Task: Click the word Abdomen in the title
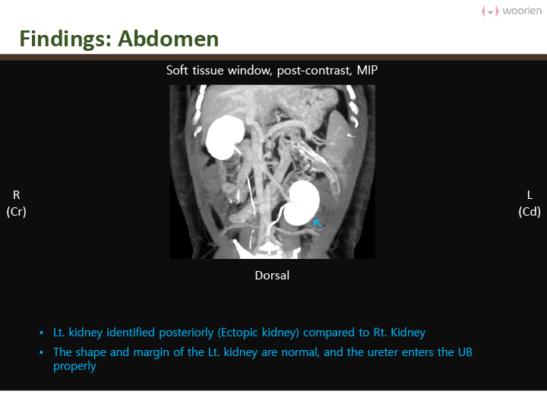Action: click(168, 39)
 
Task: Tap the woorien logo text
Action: click(522, 11)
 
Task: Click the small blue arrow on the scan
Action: click(317, 222)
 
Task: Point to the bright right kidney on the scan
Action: click(225, 137)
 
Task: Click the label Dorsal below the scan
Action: click(272, 276)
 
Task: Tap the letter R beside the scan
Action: click(17, 195)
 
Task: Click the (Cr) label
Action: click(17, 212)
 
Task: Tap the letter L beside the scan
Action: click(530, 195)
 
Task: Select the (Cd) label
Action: click(530, 212)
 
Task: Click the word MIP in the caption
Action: click(367, 71)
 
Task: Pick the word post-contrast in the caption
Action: click(314, 71)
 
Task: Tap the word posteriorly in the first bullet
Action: click(186, 333)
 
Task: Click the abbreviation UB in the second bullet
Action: click(465, 352)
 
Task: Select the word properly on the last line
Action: click(74, 367)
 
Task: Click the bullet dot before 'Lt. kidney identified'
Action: click(42, 333)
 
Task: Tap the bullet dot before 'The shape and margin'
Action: click(42, 353)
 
